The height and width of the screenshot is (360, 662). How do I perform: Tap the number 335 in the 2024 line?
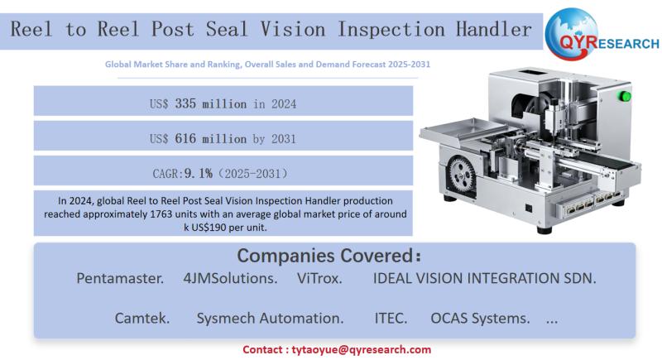click(189, 103)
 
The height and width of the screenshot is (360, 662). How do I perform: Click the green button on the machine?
click(626, 98)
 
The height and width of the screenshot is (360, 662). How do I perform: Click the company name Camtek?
click(142, 319)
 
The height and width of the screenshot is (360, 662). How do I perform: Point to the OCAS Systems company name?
click(480, 319)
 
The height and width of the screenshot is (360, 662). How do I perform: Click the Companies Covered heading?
click(333, 255)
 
